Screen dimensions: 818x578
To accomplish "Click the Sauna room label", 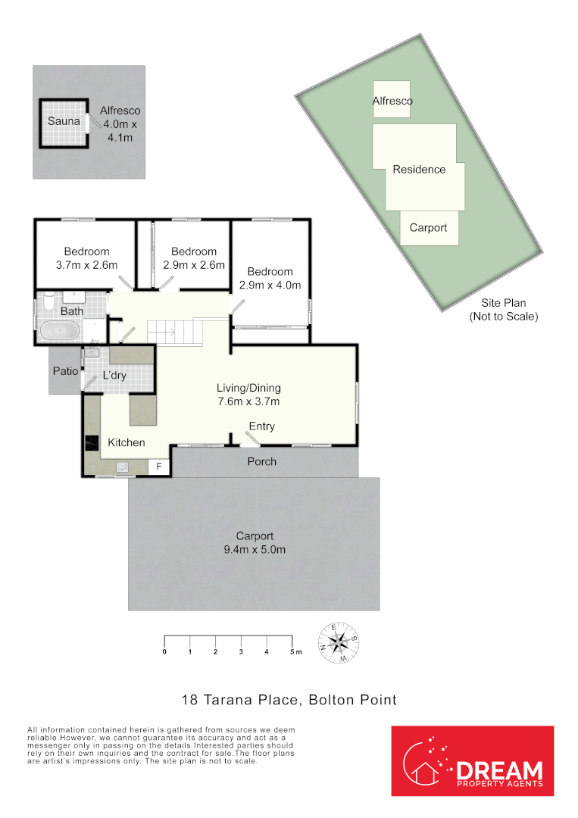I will tap(64, 121).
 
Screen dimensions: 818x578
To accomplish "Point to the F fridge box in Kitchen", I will tap(159, 467).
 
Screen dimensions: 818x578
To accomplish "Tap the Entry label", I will tap(262, 426).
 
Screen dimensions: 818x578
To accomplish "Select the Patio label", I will tap(64, 371).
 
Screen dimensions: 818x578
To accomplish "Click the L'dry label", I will tap(114, 376).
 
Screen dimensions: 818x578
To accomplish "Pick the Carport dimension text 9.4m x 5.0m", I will tap(254, 550).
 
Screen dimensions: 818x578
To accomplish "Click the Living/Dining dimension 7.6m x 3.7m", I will tap(248, 401).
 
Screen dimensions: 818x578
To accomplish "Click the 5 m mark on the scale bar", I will tap(293, 651).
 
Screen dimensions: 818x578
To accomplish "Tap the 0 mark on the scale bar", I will tap(164, 651).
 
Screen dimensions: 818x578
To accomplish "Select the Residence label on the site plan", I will tap(419, 170).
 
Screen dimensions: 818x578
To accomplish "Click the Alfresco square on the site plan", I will tap(392, 100).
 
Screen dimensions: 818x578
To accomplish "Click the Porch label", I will tap(262, 461).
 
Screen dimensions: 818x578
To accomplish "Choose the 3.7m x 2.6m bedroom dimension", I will tap(86, 265).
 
